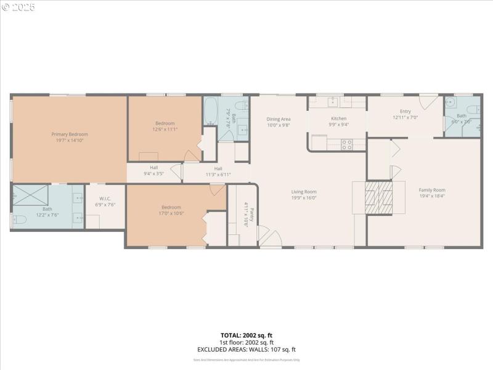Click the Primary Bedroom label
click(69, 134)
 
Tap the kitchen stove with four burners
click(346, 144)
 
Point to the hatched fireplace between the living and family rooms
click(378, 197)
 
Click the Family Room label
click(432, 190)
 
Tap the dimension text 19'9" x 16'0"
click(304, 198)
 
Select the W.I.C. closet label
click(104, 199)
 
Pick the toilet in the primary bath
click(18, 220)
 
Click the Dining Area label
click(278, 119)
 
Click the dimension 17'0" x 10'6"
click(171, 213)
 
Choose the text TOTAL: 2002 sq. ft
click(246, 335)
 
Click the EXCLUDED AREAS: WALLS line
click(246, 349)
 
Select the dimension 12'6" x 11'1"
click(165, 129)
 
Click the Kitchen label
click(338, 118)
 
